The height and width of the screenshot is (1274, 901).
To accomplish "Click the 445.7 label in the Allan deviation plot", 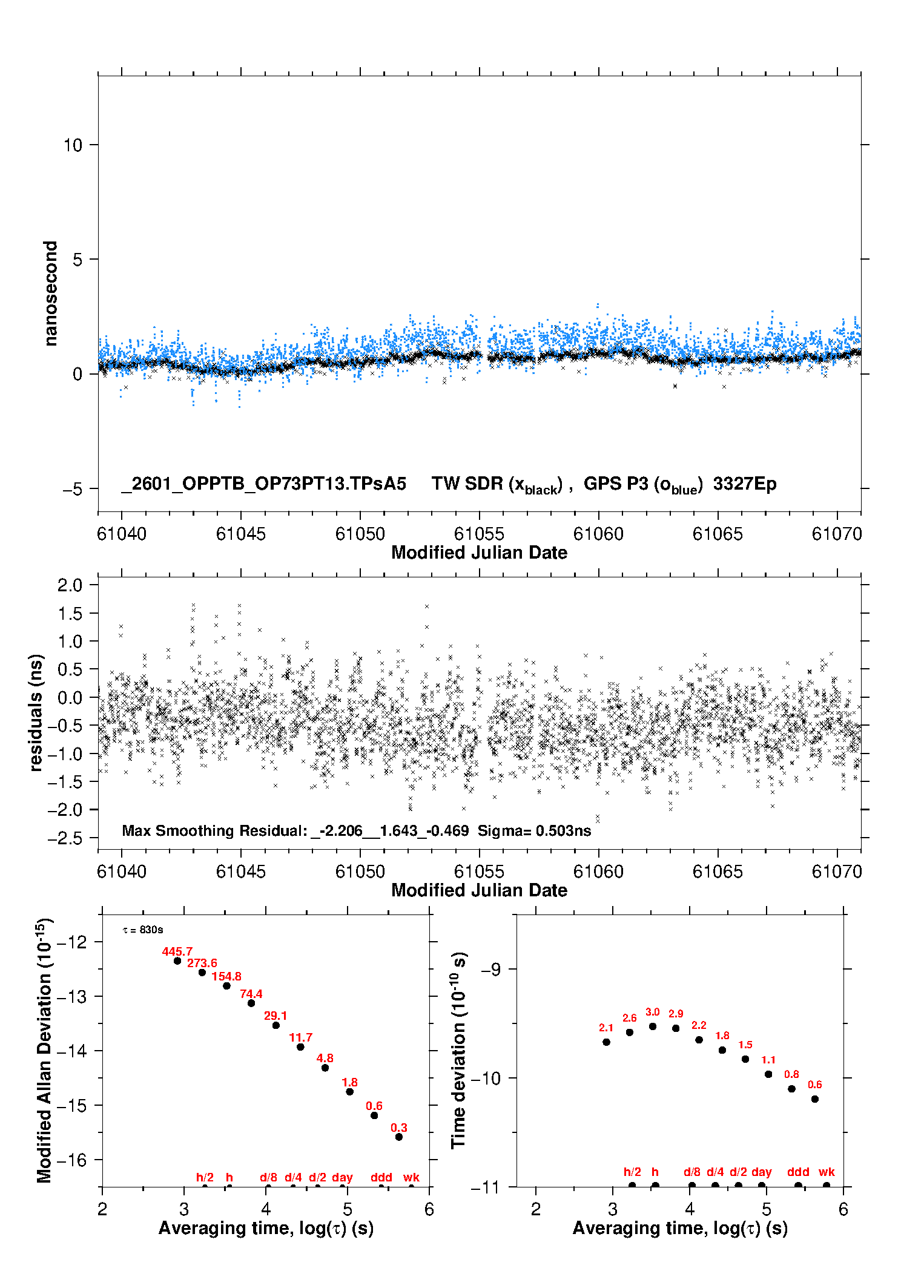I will pyautogui.click(x=177, y=952).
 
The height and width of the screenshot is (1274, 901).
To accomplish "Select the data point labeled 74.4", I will pyautogui.click(x=251, y=1003).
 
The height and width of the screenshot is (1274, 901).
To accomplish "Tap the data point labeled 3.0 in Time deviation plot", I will pyautogui.click(x=653, y=1026).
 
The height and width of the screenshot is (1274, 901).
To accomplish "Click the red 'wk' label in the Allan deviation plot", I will pyautogui.click(x=411, y=1177).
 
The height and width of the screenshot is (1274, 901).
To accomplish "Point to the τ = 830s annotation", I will pyautogui.click(x=143, y=930).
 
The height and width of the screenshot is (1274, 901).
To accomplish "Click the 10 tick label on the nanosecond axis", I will pyautogui.click(x=73, y=145).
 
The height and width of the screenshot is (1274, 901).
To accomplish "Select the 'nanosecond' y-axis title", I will pyautogui.click(x=50, y=294).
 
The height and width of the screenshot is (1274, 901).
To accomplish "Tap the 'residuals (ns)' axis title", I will pyautogui.click(x=36, y=712).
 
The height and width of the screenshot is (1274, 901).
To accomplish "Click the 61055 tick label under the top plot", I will pyautogui.click(x=479, y=534).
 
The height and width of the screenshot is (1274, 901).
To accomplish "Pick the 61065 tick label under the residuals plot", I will pyautogui.click(x=718, y=872).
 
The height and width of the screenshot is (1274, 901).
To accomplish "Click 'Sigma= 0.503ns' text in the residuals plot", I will pyautogui.click(x=534, y=831).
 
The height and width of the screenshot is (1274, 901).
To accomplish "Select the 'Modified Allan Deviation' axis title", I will pyautogui.click(x=44, y=1050).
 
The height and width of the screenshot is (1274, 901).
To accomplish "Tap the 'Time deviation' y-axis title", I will pyautogui.click(x=459, y=1050).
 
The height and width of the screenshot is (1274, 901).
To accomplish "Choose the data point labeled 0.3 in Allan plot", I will pyautogui.click(x=399, y=1137).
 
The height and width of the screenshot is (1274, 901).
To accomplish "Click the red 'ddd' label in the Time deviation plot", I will pyautogui.click(x=798, y=1172).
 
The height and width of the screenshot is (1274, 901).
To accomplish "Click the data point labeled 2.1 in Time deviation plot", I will pyautogui.click(x=606, y=1042).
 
